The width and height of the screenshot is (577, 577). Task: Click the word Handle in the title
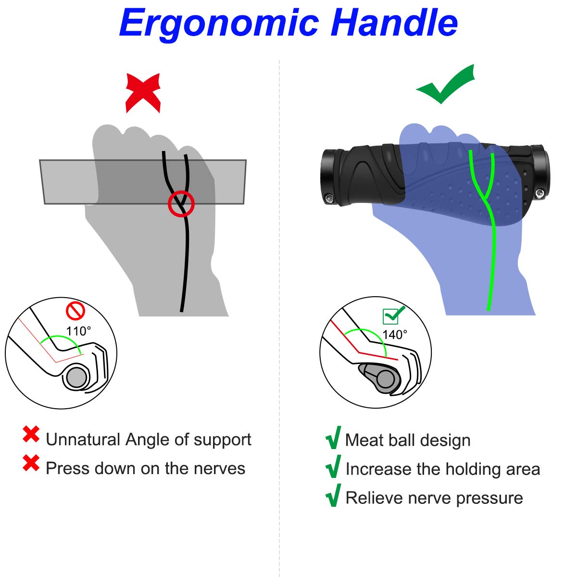click(x=394, y=22)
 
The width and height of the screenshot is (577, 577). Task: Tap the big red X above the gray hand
click(x=143, y=93)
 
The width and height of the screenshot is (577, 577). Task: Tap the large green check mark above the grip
click(x=445, y=85)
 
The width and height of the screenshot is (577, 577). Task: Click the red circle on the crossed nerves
click(x=181, y=203)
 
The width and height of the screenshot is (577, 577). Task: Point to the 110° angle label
click(x=78, y=331)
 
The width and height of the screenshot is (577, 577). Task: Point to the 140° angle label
click(x=395, y=335)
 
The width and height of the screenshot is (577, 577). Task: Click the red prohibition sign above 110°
click(x=75, y=311)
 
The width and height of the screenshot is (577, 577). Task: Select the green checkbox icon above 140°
click(x=393, y=315)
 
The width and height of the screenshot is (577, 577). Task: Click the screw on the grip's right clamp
click(x=540, y=193)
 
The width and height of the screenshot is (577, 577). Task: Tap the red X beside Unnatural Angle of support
click(x=31, y=434)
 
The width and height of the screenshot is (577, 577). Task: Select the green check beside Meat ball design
click(x=333, y=438)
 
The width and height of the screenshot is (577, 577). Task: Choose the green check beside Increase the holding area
click(x=333, y=466)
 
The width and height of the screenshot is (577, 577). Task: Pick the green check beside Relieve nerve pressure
click(x=333, y=495)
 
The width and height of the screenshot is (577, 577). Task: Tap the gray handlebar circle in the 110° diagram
click(x=76, y=377)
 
